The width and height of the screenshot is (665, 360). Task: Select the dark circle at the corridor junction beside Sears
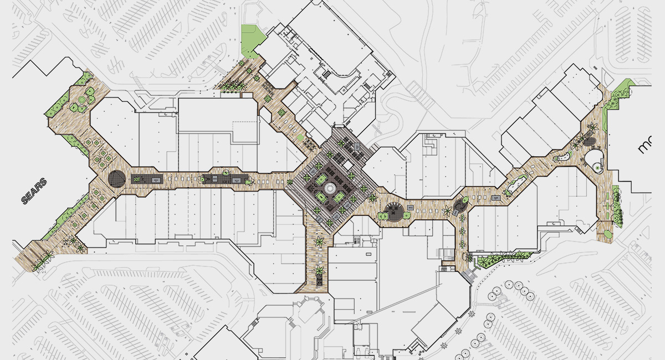pos(117,178)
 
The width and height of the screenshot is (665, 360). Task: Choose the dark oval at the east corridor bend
pos(459,206)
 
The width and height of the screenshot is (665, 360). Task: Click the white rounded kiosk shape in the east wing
pos(595,161)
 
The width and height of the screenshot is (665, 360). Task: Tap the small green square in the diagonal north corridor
pos(300,137)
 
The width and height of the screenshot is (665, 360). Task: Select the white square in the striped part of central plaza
pos(347,165)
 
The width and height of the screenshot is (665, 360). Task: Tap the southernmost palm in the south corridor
pos(320,271)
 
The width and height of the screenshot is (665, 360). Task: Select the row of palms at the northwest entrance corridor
pos(233,86)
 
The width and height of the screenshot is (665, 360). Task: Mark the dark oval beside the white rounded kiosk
pos(591,142)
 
